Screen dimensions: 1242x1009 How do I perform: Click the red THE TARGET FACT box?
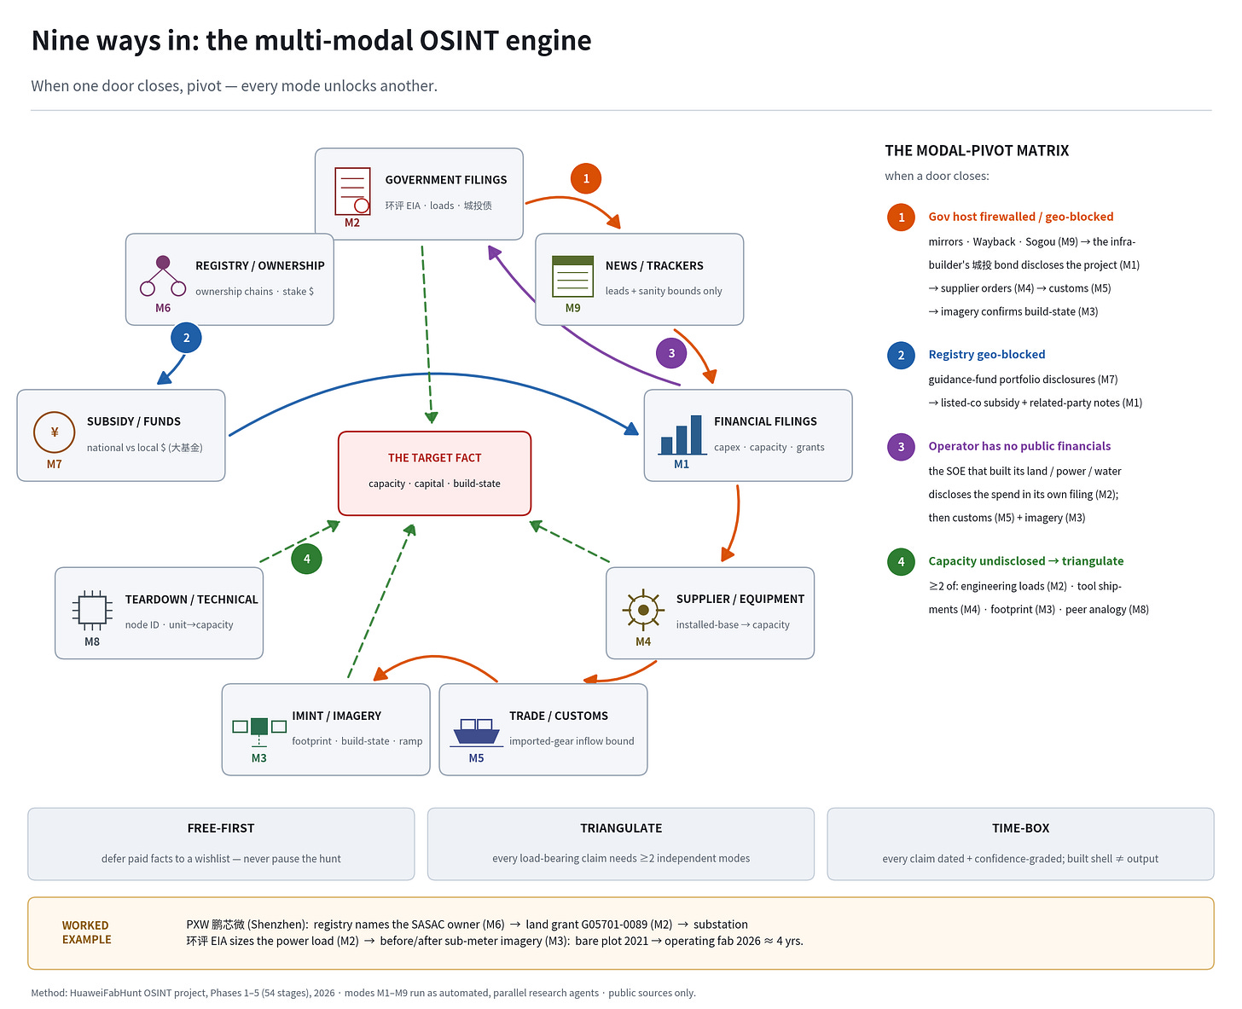[x=434, y=473]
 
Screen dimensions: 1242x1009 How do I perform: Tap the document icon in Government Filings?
[x=352, y=190]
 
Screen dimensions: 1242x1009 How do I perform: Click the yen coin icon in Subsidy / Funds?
[x=55, y=432]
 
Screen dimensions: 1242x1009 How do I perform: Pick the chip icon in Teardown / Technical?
[x=92, y=610]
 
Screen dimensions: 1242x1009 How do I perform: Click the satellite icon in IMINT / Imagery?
[x=259, y=730]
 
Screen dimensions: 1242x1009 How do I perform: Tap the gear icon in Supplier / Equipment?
[x=642, y=610]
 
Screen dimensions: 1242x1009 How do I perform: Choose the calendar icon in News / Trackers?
[x=572, y=276]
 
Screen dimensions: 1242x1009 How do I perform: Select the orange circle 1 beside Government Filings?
[x=585, y=178]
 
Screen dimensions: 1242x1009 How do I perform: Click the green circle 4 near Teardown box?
[x=306, y=559]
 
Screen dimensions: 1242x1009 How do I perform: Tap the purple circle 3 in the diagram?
[x=670, y=352]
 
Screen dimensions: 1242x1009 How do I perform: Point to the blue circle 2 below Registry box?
[x=186, y=338]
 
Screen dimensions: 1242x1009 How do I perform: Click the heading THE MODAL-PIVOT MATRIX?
[x=976, y=150]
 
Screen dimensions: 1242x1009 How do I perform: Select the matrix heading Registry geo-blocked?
[x=986, y=354]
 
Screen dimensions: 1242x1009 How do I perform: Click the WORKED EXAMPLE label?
[x=86, y=932]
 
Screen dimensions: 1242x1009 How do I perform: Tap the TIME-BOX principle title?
[x=1020, y=827]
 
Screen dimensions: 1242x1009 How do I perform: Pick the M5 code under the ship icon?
[x=476, y=757]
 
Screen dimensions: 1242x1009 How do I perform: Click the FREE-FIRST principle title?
[x=220, y=827]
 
